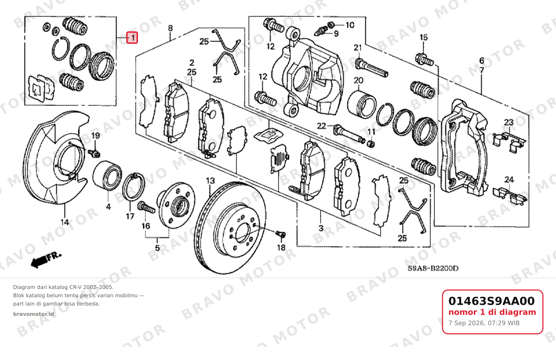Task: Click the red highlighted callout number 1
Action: (x=132, y=38)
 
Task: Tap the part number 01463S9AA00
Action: (x=492, y=301)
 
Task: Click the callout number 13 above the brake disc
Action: (x=210, y=181)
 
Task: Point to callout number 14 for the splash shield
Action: (x=65, y=222)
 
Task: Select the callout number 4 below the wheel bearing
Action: (x=108, y=207)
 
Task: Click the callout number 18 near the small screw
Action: (x=281, y=247)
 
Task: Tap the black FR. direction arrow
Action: (x=46, y=260)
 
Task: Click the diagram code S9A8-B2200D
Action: (x=433, y=268)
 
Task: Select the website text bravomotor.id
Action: (x=33, y=314)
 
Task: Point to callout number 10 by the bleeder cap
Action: (x=350, y=25)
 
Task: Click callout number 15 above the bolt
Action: (x=424, y=38)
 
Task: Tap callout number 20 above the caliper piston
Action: (x=358, y=80)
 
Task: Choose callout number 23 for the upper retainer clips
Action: (x=509, y=122)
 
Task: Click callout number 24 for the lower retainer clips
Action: (x=509, y=179)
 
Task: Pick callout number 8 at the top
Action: (x=170, y=28)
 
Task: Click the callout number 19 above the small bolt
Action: (x=96, y=136)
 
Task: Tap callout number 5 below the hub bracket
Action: (x=157, y=248)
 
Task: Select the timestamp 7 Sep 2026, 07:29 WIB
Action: (x=484, y=323)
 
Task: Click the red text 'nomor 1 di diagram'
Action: (x=492, y=312)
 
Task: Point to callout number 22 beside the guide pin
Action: (x=321, y=126)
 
